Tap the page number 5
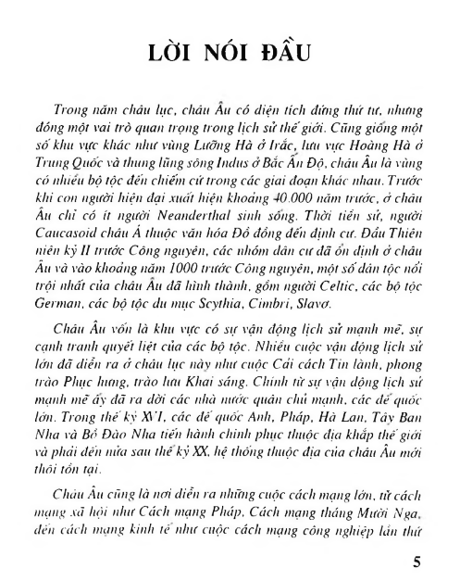(417, 563)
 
